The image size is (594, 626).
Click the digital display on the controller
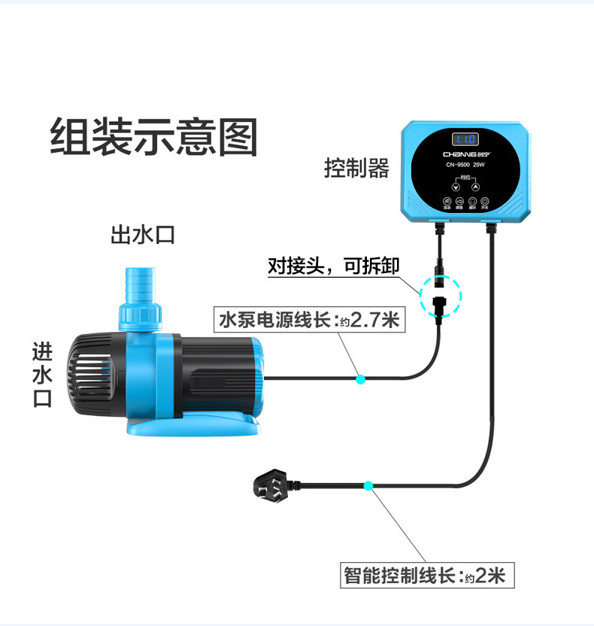[465, 139]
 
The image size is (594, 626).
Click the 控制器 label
[356, 168]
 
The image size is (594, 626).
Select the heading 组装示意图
[153, 137]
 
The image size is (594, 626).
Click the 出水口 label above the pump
[142, 235]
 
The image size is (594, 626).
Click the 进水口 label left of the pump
[42, 375]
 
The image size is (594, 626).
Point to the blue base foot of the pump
[188, 430]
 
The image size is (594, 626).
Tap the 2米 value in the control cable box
[490, 576]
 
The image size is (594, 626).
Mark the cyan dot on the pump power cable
[361, 379]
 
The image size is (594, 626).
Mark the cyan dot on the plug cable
[368, 486]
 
